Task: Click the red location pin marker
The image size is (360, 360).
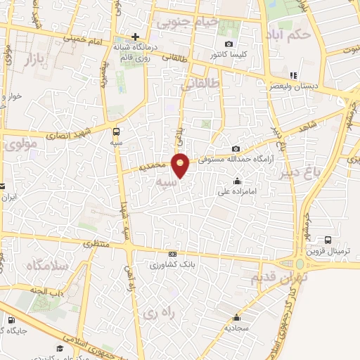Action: point(181,165)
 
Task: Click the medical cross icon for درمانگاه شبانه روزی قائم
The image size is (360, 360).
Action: point(135,37)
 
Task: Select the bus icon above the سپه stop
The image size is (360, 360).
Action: point(115,131)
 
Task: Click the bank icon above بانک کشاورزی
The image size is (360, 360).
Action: point(172,255)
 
